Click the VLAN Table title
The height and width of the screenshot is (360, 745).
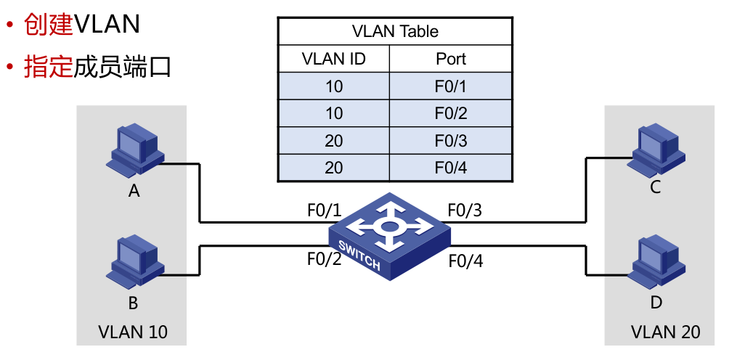pos(395,32)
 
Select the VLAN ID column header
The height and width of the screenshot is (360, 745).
pos(333,59)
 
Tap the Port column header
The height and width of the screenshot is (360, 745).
pos(450,59)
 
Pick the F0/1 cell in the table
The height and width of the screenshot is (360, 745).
pos(450,86)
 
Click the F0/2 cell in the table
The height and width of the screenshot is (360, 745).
pos(450,113)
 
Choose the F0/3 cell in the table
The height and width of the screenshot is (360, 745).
pos(450,141)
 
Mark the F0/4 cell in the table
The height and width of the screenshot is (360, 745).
pos(450,168)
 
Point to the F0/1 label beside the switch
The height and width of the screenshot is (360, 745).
pos(324,210)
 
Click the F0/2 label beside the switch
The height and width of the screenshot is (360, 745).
pos(324,259)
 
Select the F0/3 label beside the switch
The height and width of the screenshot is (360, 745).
pos(465,210)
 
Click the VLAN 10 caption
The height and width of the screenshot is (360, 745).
pos(132,332)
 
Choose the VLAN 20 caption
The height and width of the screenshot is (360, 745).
pos(666,332)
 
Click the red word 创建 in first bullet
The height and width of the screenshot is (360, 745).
pos(49,25)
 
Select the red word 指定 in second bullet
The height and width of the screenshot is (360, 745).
pos(49,67)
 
